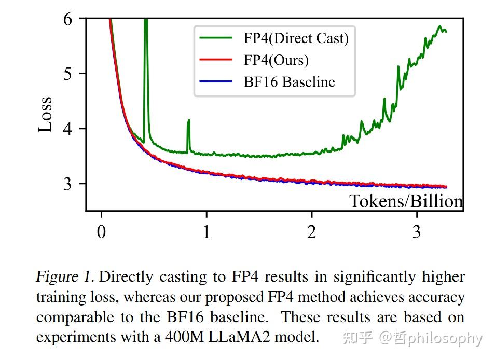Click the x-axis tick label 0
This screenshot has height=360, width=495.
[102, 231]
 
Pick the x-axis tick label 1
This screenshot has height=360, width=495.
[207, 231]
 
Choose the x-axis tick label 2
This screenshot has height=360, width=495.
[311, 231]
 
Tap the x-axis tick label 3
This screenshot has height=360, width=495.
[417, 231]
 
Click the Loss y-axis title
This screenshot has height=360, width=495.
[46, 114]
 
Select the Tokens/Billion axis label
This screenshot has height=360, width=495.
[405, 201]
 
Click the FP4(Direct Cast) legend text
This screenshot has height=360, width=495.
[296, 38]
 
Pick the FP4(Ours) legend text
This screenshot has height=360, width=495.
[276, 60]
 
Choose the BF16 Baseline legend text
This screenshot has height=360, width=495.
[290, 82]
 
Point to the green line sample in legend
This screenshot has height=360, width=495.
[215, 38]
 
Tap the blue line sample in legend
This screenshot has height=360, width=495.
[215, 82]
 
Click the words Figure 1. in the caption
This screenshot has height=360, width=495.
[65, 276]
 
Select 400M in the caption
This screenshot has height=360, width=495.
[181, 337]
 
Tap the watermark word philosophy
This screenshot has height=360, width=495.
[445, 339]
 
